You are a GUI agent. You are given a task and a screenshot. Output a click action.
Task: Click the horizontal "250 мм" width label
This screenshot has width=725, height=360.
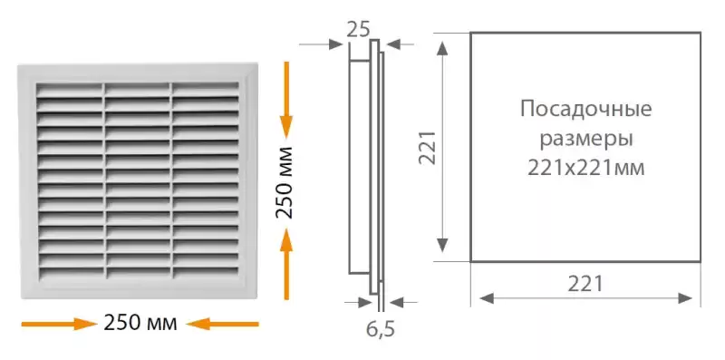tap(140, 323)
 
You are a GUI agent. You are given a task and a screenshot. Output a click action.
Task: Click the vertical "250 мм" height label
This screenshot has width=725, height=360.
tap(285, 182)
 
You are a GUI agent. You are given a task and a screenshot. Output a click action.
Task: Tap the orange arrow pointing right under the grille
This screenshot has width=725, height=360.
tap(59, 324)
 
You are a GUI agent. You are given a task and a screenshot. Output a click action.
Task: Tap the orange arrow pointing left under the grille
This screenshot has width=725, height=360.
tap(222, 324)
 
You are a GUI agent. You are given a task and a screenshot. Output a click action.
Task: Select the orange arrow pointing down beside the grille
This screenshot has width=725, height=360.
tap(286, 100)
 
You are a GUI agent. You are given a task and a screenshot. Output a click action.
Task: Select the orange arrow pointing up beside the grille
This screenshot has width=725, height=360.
tap(286, 264)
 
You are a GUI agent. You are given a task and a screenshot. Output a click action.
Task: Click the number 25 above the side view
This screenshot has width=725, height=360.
tap(358, 30)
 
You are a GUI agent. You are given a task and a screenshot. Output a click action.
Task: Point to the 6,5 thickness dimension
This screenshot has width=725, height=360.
tap(381, 329)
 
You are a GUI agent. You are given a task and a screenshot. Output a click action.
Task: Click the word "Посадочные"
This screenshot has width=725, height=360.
tap(585, 110)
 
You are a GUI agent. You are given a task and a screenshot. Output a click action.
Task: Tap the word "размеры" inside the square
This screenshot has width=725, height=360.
tap(585, 140)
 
